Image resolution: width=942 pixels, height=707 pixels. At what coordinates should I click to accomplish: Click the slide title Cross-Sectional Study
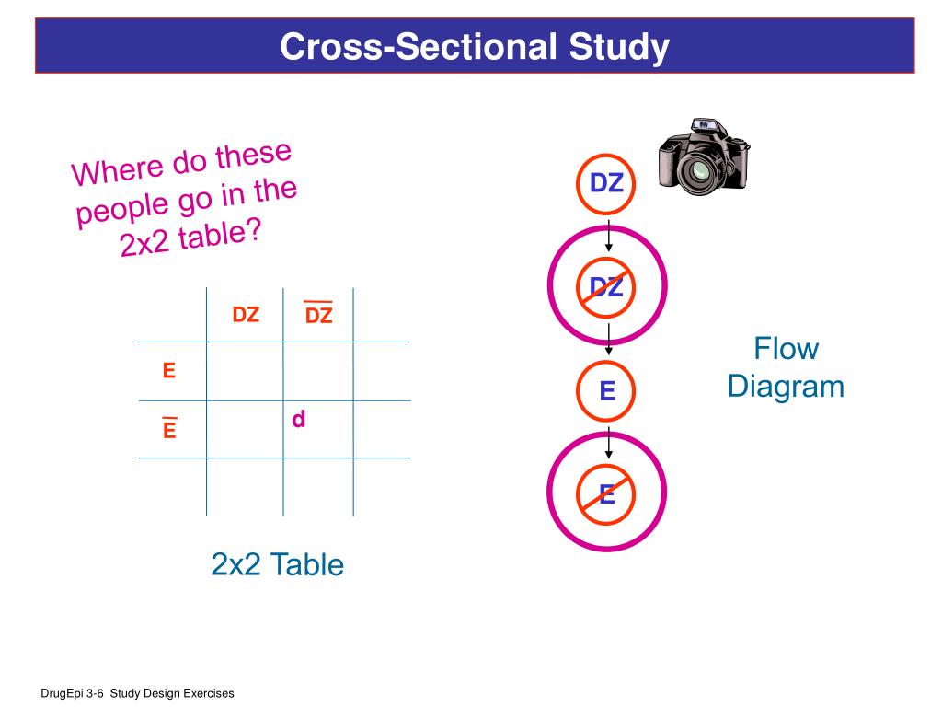click(475, 47)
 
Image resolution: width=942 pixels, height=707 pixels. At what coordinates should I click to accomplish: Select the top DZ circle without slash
click(606, 183)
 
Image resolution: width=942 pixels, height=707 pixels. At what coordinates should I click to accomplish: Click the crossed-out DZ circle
click(606, 286)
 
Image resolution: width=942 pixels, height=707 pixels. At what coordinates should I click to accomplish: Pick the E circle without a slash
click(607, 391)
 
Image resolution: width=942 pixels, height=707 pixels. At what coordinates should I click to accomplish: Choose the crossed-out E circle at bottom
click(606, 494)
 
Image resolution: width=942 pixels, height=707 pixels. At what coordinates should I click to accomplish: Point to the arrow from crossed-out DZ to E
click(608, 342)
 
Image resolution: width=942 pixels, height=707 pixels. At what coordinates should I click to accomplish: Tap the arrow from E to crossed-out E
click(608, 445)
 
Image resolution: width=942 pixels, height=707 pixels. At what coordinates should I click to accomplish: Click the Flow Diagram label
click(786, 367)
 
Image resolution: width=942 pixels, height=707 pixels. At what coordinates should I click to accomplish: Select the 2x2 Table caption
click(277, 563)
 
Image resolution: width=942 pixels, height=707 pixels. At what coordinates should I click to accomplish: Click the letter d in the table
click(298, 420)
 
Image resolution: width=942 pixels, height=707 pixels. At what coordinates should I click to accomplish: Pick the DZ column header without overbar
click(246, 315)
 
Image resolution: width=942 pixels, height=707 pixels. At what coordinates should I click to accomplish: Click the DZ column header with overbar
click(318, 315)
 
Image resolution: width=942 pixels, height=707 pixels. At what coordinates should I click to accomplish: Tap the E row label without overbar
click(168, 371)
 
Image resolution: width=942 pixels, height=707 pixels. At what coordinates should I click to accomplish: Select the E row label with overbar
click(169, 429)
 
